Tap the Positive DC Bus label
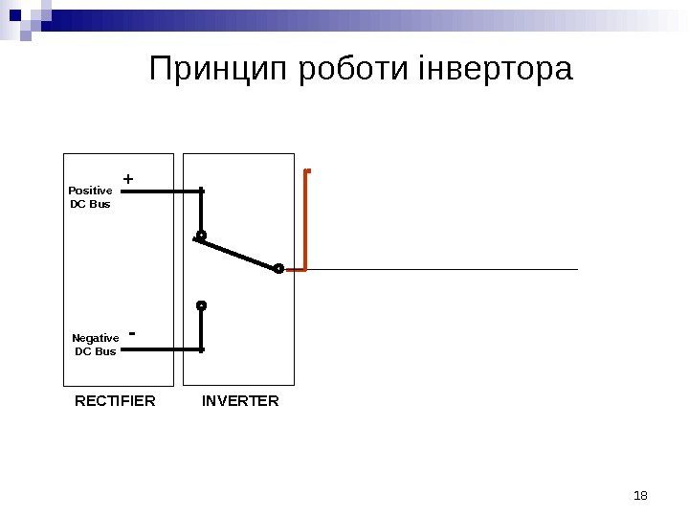pyautogui.click(x=91, y=197)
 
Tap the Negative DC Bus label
pyautogui.click(x=96, y=345)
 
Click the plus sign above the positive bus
pyautogui.click(x=128, y=179)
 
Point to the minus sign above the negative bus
pyautogui.click(x=131, y=334)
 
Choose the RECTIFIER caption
pyautogui.click(x=115, y=401)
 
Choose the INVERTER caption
pyautogui.click(x=240, y=401)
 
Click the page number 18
pyautogui.click(x=641, y=495)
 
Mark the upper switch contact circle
pyautogui.click(x=201, y=235)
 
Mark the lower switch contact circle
pyautogui.click(x=201, y=306)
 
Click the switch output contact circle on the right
pyautogui.click(x=278, y=269)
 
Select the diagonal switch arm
pyautogui.click(x=238, y=253)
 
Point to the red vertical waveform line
pyautogui.click(x=305, y=220)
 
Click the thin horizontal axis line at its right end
pyautogui.click(x=574, y=270)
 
